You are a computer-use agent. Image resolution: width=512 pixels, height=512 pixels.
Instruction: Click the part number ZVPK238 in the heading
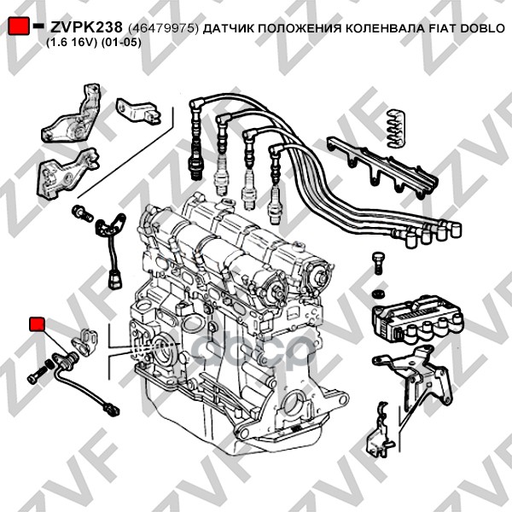coord(86,28)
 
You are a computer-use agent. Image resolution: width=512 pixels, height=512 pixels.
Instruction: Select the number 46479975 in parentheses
coord(163,29)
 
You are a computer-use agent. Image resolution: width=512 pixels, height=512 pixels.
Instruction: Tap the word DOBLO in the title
coord(483,29)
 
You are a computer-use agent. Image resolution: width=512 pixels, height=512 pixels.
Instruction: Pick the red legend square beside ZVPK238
coord(18,26)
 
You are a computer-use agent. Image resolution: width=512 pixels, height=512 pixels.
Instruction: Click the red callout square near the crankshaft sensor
coord(37,324)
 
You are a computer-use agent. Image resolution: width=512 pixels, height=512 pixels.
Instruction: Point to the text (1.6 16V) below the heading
coord(72,43)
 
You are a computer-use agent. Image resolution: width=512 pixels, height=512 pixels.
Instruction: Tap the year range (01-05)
coord(121,43)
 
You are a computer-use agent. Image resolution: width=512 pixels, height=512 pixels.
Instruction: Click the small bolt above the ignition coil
coord(378,263)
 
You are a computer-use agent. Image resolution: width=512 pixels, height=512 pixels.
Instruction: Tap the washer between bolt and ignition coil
coord(378,294)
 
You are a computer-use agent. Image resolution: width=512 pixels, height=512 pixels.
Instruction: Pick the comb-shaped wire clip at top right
coord(395,128)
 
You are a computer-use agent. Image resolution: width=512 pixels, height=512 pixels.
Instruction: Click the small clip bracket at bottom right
coord(380,430)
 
